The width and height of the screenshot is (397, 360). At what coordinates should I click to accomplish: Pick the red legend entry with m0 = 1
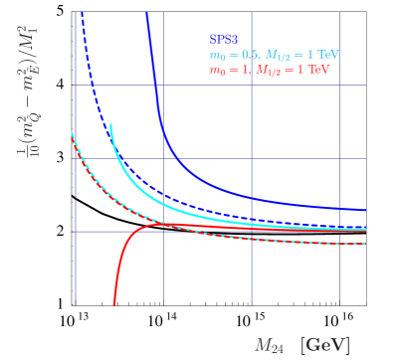270,71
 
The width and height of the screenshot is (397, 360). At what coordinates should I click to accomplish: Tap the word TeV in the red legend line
318,71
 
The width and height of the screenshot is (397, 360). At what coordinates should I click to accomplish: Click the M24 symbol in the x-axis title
269,345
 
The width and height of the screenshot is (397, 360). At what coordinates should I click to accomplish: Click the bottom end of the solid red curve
114,304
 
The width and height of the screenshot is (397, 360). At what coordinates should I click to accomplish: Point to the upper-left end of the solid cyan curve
110,125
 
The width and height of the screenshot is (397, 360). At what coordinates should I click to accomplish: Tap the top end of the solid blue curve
147,13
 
